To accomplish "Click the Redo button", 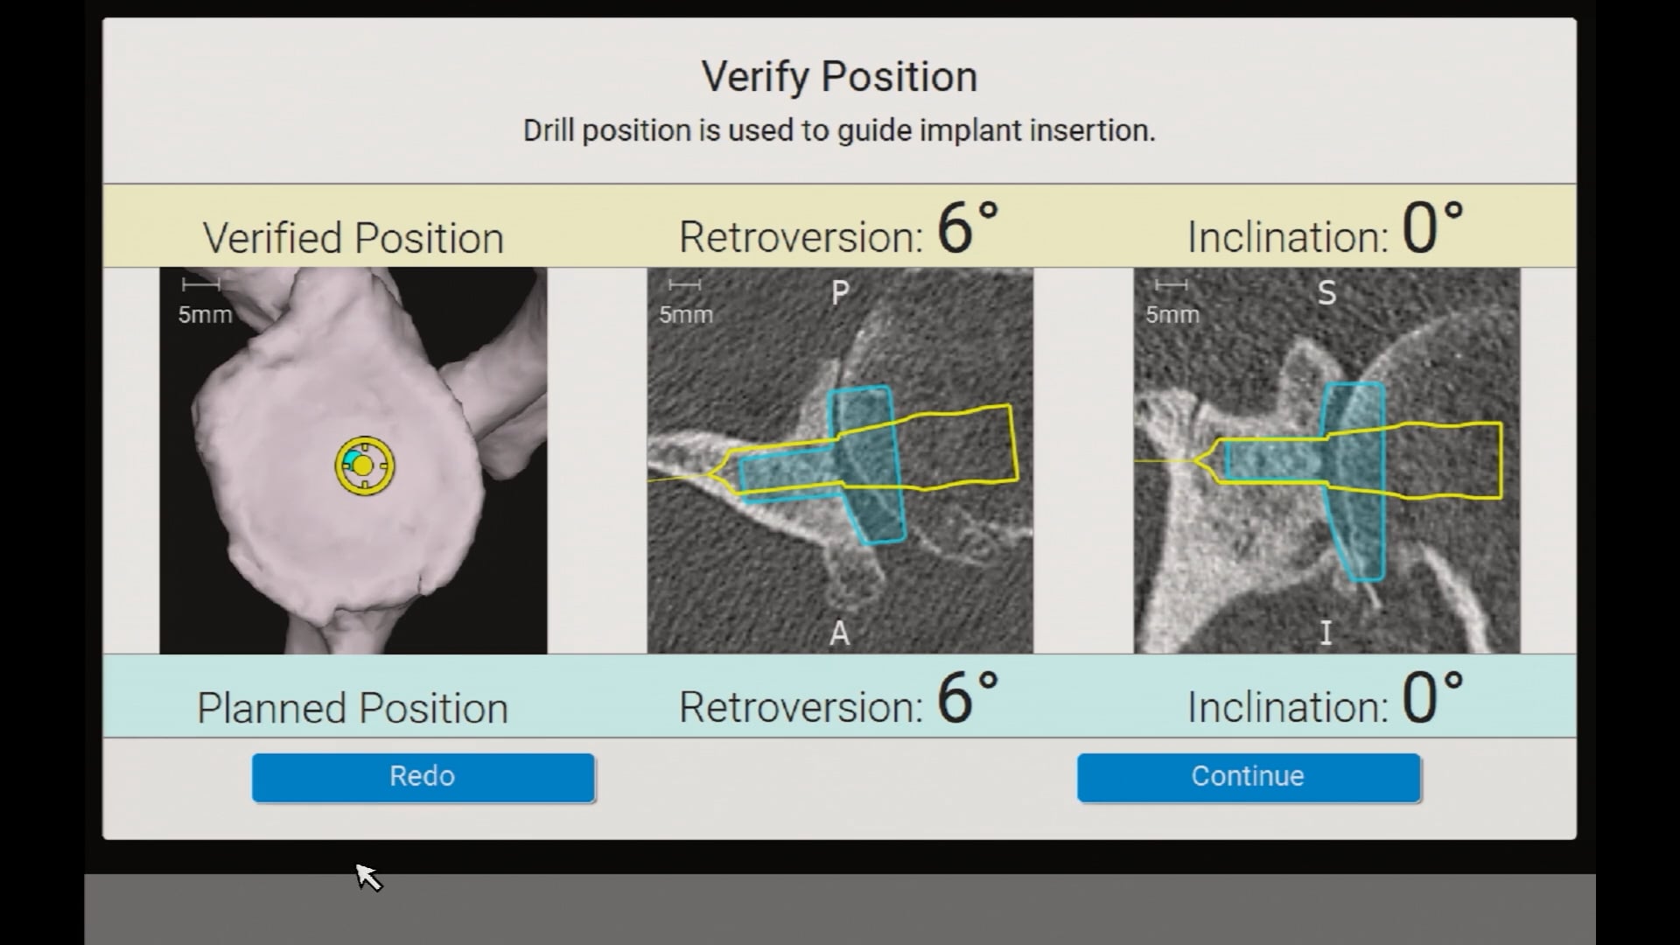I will point(423,777).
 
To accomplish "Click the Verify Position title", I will point(839,77).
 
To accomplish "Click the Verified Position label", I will point(353,238).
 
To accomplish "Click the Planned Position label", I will point(352,708).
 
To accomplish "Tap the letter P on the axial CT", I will point(839,292).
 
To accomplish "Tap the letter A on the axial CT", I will point(839,633).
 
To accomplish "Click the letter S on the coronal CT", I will point(1326,293).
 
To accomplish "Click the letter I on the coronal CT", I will point(1326,633).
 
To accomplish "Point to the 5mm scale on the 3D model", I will point(204,302).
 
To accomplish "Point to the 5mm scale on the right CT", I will point(1172,302).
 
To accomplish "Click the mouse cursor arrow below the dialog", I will point(367,876).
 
